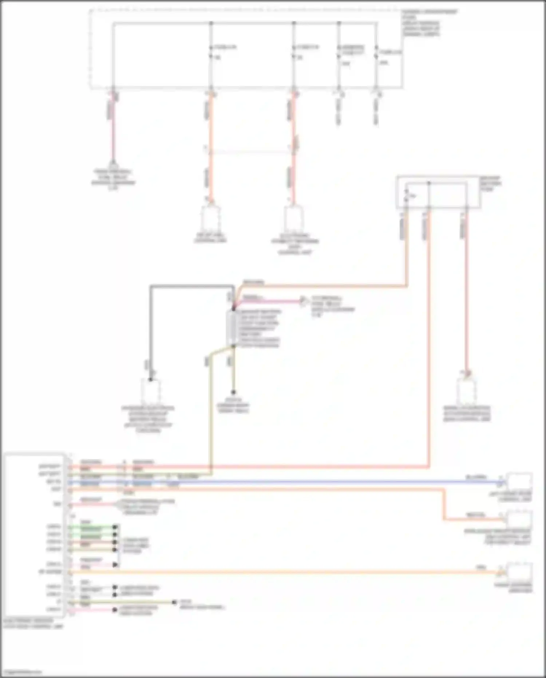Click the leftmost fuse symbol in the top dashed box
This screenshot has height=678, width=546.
tap(211, 52)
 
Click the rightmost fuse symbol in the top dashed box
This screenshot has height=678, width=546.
tap(376, 52)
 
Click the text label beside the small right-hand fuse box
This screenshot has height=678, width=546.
tap(490, 184)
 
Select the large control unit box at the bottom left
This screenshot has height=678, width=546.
tap(35, 535)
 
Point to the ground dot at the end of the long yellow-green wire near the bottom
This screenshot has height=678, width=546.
tap(174, 603)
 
